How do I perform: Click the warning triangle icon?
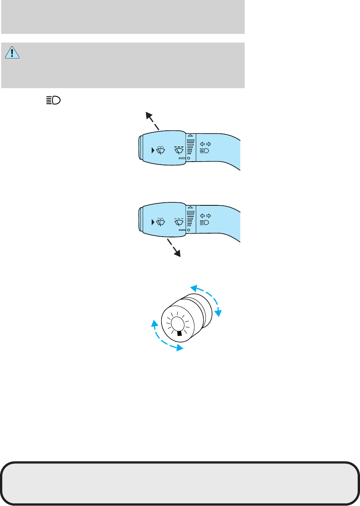(12, 52)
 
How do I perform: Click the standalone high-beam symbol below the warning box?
(53, 100)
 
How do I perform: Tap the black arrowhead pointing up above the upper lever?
(149, 115)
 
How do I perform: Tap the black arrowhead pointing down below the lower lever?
(177, 254)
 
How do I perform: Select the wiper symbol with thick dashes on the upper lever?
(179, 150)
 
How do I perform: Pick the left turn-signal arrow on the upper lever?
(202, 144)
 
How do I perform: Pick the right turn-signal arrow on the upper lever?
(209, 144)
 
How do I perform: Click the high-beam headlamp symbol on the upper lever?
(204, 151)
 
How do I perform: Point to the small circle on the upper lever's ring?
(189, 158)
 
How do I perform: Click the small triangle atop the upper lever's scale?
(191, 135)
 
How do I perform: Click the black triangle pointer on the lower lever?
(153, 222)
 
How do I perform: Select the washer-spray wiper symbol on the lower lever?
(161, 222)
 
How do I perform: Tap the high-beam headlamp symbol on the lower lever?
(204, 223)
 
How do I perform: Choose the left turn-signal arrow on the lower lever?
(202, 216)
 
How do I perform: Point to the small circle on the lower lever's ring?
(189, 230)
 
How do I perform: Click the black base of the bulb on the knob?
(180, 333)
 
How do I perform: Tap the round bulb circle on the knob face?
(177, 323)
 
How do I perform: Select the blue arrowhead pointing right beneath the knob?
(180, 348)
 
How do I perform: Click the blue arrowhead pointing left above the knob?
(194, 289)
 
